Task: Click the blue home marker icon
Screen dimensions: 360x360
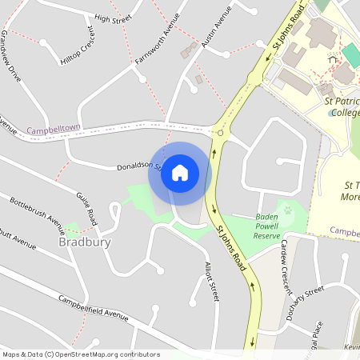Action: click(180, 173)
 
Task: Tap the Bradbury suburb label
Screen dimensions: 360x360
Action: click(84, 242)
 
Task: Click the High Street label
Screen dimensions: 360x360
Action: click(112, 17)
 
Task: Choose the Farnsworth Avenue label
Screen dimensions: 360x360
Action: click(154, 45)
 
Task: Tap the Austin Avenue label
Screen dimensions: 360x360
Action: click(216, 29)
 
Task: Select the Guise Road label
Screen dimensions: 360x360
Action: click(86, 204)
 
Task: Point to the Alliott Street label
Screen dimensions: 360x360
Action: click(211, 282)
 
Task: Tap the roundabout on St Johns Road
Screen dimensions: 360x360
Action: click(220, 131)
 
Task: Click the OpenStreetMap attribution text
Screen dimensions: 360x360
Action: click(80, 354)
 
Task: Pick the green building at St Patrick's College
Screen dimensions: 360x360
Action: click(350, 55)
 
